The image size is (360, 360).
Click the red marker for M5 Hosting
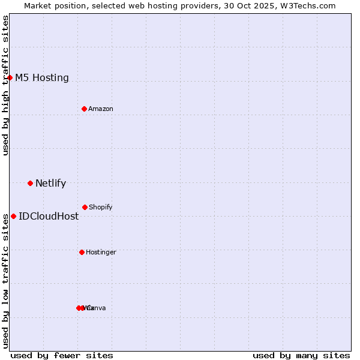click(10, 77)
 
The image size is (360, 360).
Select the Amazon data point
click(84, 109)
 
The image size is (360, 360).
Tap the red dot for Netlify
click(30, 183)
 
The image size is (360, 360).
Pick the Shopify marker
click(85, 207)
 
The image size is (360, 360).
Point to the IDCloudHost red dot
click(13, 216)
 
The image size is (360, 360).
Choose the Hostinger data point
click(82, 252)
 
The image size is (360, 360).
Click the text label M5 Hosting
click(41, 77)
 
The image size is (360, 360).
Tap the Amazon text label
click(101, 109)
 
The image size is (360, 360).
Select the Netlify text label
click(50, 183)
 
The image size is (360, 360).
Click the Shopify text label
click(101, 207)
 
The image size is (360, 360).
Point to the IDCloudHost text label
click(49, 216)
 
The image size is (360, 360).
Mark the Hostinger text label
click(101, 252)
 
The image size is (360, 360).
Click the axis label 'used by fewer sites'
click(62, 355)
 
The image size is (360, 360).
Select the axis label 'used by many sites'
click(301, 355)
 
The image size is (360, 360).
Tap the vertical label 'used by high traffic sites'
click(5, 85)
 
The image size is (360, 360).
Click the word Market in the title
click(38, 5)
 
